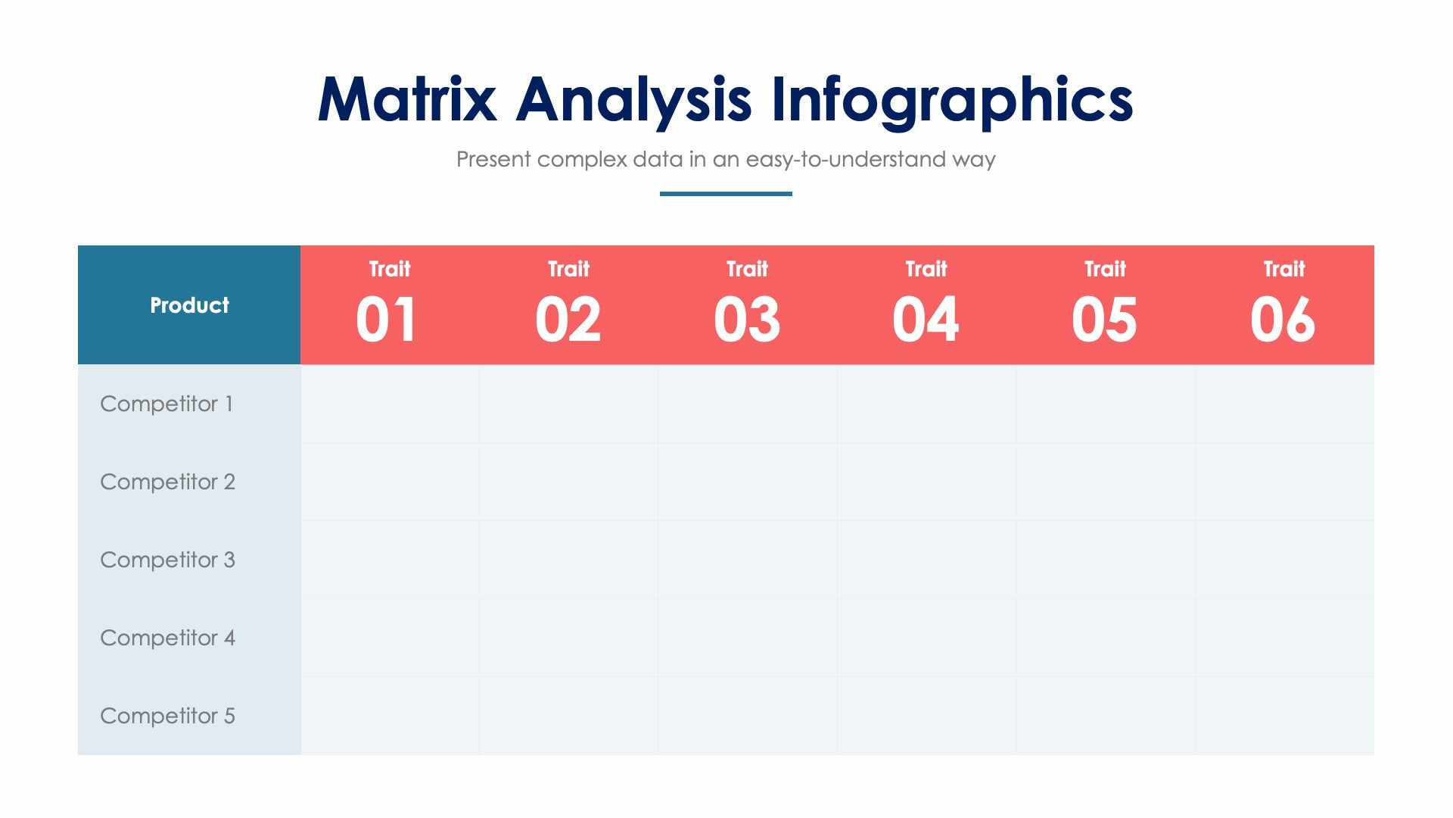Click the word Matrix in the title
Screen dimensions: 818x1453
point(406,100)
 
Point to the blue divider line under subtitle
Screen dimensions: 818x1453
point(726,194)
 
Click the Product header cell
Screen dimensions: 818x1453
point(189,305)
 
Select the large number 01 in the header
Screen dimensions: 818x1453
point(387,320)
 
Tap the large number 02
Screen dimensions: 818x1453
point(568,320)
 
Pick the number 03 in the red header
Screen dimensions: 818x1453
point(747,320)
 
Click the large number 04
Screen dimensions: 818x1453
point(926,320)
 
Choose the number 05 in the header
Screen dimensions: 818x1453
point(1104,320)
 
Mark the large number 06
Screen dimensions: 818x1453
point(1283,320)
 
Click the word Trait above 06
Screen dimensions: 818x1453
point(1283,269)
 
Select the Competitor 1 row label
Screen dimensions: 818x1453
point(166,404)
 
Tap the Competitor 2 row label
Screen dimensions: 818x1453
point(167,482)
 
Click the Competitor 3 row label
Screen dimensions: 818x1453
point(167,560)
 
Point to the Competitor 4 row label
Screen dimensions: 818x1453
point(167,638)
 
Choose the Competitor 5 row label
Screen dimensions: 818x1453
point(167,716)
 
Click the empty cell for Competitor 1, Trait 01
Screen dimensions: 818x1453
point(390,404)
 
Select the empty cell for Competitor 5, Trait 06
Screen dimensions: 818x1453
point(1284,716)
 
